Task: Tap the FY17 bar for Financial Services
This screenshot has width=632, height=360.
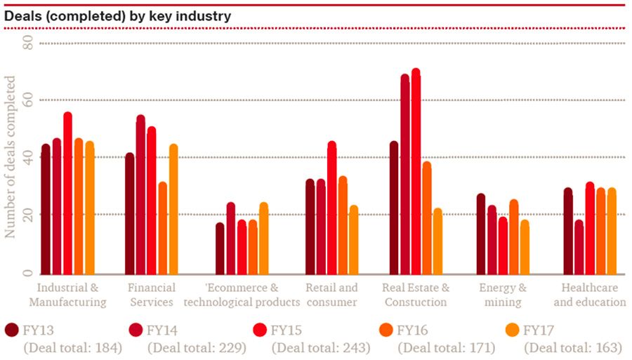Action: [173, 210]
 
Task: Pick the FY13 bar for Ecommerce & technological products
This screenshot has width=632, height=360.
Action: [220, 249]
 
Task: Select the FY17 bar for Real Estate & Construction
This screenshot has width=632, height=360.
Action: [437, 242]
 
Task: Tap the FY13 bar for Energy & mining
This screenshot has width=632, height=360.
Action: [481, 234]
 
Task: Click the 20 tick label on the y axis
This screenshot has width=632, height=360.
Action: [28, 214]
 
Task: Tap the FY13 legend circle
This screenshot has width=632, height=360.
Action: [12, 330]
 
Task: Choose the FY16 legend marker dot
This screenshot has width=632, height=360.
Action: [386, 330]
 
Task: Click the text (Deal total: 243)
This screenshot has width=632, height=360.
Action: [320, 347]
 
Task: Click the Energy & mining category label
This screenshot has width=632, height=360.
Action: [503, 295]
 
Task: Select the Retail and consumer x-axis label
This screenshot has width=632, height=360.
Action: [331, 295]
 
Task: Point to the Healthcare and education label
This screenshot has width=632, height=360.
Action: [590, 295]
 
